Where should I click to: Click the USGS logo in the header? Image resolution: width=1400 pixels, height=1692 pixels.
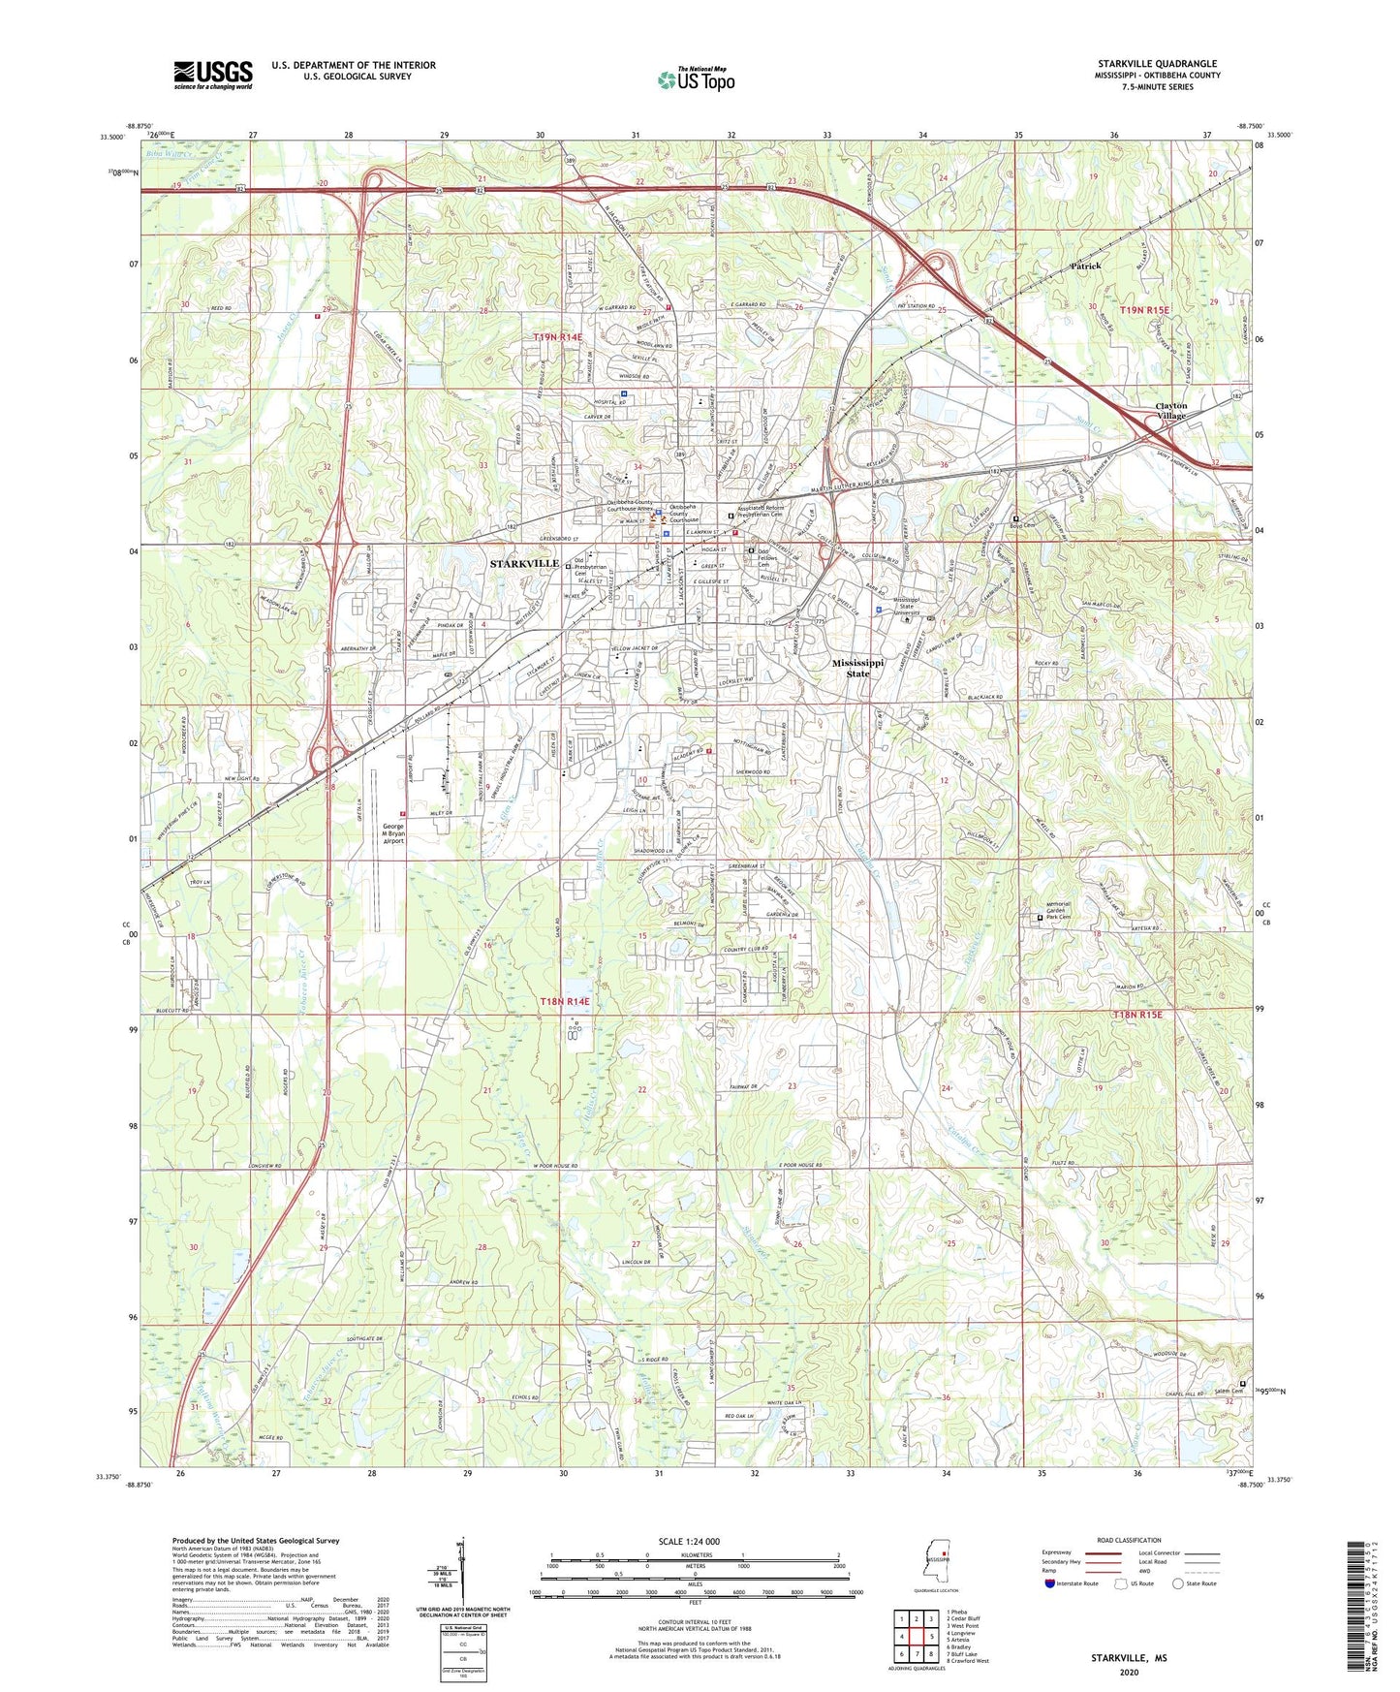(213, 74)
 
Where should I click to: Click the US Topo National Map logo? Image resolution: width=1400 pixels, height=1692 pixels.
(696, 78)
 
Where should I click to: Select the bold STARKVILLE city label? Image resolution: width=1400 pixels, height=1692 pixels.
(523, 563)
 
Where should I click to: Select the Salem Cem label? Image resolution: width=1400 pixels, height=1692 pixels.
(1228, 1392)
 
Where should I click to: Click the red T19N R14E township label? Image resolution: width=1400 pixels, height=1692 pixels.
(558, 336)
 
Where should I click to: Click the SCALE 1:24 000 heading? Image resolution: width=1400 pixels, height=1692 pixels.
(689, 1541)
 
